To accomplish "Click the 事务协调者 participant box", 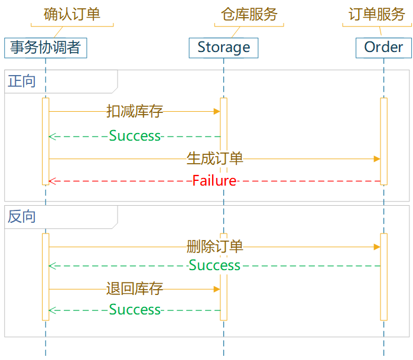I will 45,47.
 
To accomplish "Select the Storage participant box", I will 223,47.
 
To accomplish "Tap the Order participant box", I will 383,47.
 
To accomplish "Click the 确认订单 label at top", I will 71,15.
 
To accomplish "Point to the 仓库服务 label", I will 249,15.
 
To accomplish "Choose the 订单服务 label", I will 376,15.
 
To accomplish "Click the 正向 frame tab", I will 22,81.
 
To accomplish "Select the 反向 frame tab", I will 22,216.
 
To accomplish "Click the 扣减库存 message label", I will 135,111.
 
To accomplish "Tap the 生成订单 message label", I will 215,158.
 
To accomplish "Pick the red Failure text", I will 214,181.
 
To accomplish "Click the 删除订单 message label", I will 215,247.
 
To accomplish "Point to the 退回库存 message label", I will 135,289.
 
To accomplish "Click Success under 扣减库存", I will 135,136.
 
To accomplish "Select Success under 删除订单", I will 214,265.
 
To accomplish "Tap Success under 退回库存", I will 135,310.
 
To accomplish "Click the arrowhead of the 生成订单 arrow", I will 377,158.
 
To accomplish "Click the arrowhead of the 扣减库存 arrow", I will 217,111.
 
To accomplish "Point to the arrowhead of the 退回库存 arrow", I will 217,289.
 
